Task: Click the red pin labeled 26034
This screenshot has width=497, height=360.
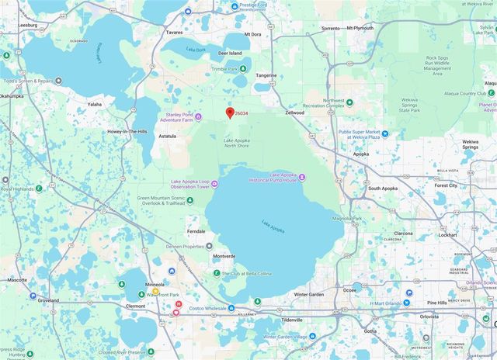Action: click(x=230, y=113)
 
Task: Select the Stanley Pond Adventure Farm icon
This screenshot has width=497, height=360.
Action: click(x=199, y=117)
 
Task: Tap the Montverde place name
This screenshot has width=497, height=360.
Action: click(x=224, y=256)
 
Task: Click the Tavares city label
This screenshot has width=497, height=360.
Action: click(x=175, y=33)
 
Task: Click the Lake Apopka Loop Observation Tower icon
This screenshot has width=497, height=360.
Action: click(x=214, y=184)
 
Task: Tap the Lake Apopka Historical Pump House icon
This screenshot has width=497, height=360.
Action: click(x=302, y=178)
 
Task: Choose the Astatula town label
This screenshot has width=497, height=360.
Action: click(x=167, y=135)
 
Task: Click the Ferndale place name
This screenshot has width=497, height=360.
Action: click(x=196, y=231)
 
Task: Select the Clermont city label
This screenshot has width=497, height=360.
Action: click(x=135, y=306)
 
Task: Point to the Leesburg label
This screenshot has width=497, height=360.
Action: click(x=27, y=25)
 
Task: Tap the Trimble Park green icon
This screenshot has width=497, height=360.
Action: click(x=241, y=68)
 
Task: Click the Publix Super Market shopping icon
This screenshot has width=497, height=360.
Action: click(x=384, y=134)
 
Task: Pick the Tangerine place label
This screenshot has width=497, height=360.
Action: click(x=266, y=75)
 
